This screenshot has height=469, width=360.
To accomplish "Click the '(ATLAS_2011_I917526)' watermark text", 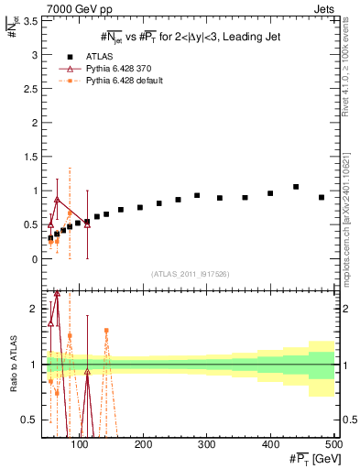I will coord(190,272).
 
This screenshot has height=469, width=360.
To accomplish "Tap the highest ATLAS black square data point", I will coord(296,187).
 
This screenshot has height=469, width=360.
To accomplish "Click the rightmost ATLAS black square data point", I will coord(322,197).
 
